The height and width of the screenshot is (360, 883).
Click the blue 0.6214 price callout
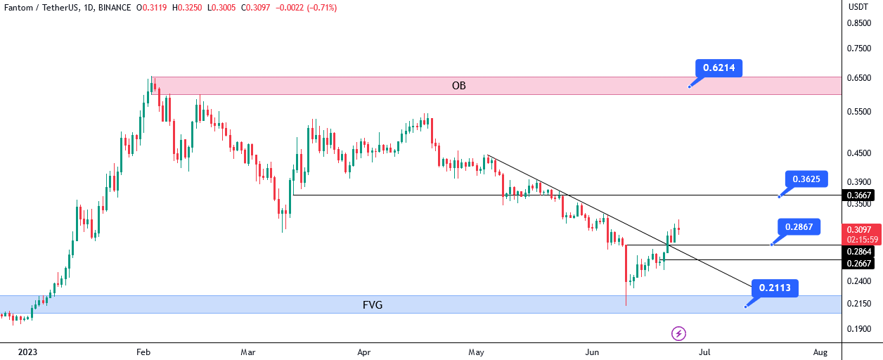(x=718, y=67)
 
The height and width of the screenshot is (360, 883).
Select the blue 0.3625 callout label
(x=806, y=179)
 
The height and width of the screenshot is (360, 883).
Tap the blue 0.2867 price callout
(x=799, y=227)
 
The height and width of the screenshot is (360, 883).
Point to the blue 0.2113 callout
(x=775, y=288)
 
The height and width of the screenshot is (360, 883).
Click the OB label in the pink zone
(x=459, y=86)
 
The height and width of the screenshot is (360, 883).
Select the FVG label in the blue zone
(x=373, y=304)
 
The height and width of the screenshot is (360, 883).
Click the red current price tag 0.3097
(x=862, y=234)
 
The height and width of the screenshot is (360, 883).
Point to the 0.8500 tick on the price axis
(x=859, y=23)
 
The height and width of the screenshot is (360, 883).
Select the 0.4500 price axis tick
(x=859, y=153)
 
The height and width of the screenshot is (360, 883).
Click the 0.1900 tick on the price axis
(x=859, y=329)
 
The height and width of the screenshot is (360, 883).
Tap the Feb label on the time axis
(x=143, y=352)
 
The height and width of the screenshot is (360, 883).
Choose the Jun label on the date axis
(x=592, y=352)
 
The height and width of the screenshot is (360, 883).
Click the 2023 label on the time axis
(x=27, y=352)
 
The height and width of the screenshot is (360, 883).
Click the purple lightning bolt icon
(x=678, y=333)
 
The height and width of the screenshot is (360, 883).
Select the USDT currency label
(x=858, y=7)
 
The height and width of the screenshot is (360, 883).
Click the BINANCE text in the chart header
(x=115, y=8)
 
